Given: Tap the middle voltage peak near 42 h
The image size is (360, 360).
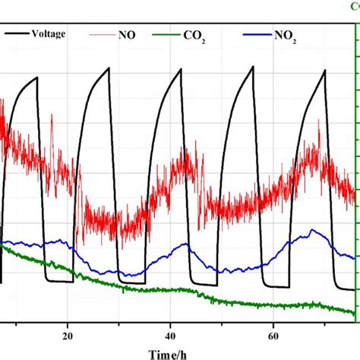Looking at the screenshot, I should point(180,70).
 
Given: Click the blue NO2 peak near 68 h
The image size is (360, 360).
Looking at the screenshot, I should point(313,230).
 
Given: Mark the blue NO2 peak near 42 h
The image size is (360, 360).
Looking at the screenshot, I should point(182,245).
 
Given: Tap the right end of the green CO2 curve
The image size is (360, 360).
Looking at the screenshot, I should point(354,311).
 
